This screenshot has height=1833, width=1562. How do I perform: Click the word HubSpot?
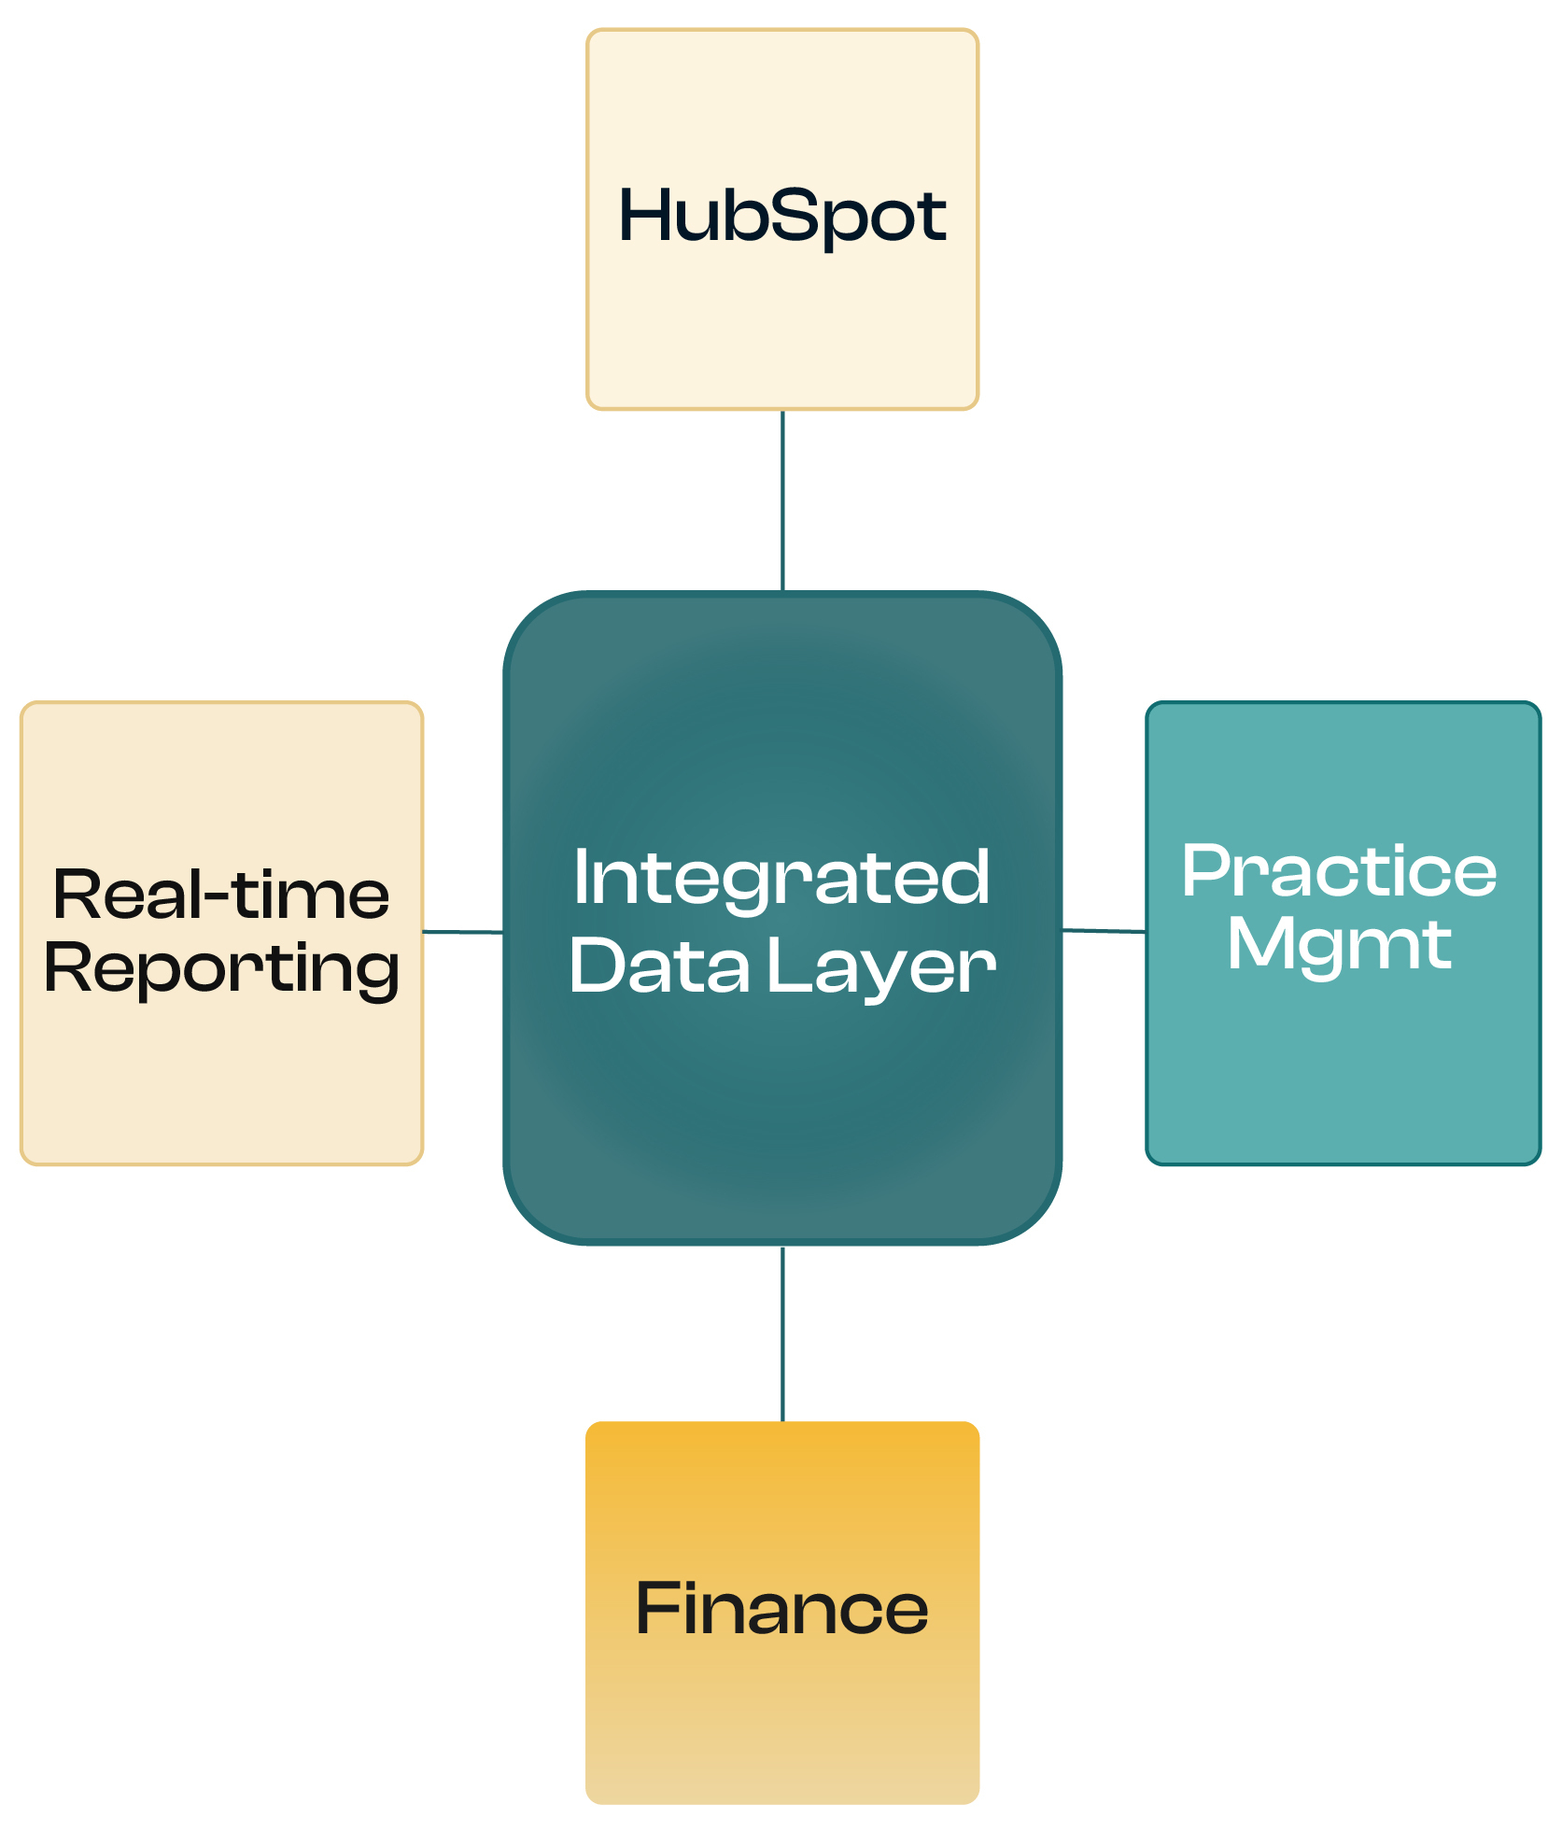coord(782,217)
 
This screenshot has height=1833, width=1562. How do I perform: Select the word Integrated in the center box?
coord(781,880)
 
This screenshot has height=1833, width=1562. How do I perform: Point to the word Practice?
coord(1339,870)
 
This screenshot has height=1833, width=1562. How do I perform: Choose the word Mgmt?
coord(1339,948)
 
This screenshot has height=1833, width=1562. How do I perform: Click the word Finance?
coord(782,1608)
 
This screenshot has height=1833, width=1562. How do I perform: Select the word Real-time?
coord(221,894)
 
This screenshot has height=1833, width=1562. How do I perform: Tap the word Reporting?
coord(222,970)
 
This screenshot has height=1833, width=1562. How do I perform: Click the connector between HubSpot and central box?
coord(782,501)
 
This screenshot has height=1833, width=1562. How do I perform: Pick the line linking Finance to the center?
coord(782,1333)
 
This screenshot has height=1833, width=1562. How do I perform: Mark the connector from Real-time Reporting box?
coord(463,931)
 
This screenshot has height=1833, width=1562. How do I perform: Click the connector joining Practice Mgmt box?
coord(1104,930)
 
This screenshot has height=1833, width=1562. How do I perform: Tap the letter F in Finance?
coord(656,1608)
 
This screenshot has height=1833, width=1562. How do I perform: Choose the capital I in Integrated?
coord(581,878)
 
